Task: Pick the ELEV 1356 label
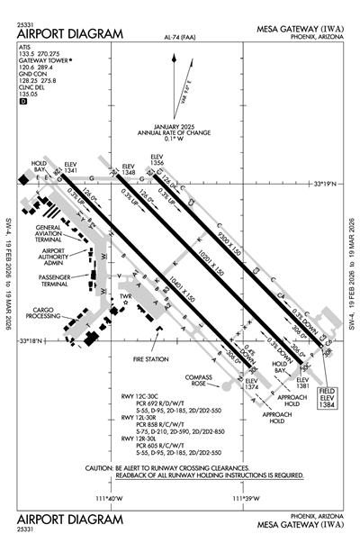(x=157, y=160)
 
